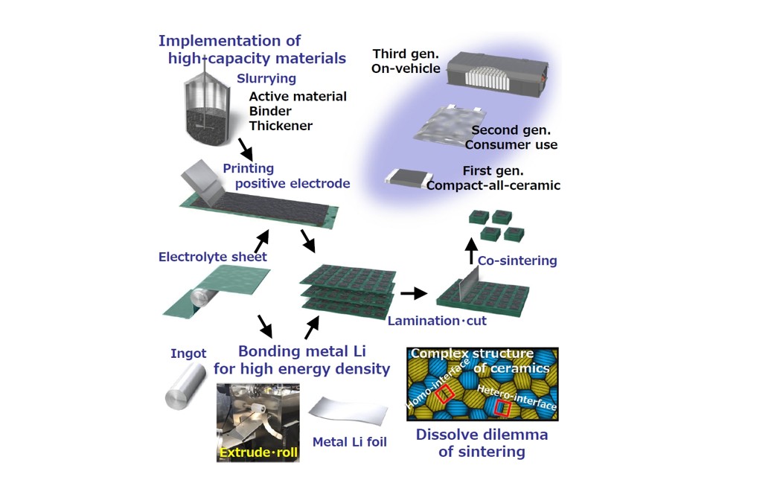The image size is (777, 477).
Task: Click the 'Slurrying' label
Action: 266,78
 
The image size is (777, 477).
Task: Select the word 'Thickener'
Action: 281,126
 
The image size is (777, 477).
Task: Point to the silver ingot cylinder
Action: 181,386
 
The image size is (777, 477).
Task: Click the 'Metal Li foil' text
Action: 349,442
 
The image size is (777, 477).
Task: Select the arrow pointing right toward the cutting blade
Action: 413,293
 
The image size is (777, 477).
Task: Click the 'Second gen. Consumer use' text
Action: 514,138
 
